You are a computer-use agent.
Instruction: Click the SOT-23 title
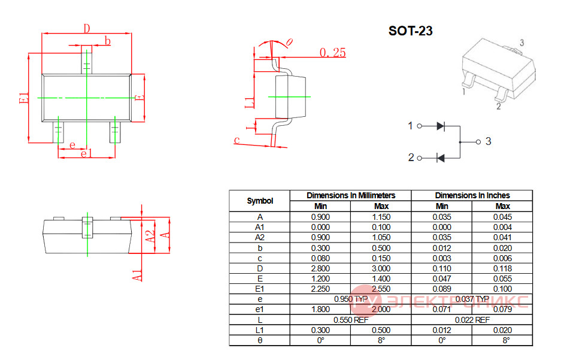tap(410, 31)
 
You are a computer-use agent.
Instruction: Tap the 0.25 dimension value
tap(333, 53)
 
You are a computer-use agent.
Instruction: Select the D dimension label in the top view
tap(86, 28)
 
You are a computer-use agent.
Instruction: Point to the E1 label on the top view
tap(24, 98)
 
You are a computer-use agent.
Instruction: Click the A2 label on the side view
tap(150, 237)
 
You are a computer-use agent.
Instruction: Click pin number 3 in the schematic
tap(488, 141)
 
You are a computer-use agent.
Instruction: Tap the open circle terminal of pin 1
tap(420, 126)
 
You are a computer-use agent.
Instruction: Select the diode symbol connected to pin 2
tap(441, 158)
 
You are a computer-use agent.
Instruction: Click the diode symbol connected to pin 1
tap(441, 126)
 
